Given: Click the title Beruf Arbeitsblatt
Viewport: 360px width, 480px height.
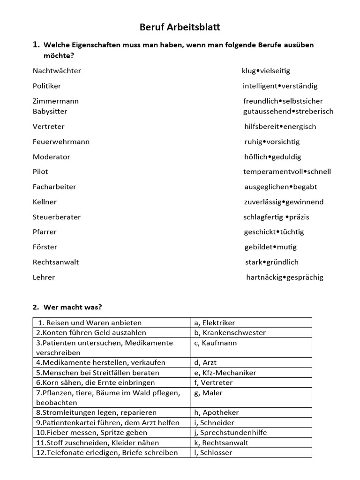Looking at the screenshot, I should [x=180, y=28].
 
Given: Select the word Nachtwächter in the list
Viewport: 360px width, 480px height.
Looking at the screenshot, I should [x=57, y=71].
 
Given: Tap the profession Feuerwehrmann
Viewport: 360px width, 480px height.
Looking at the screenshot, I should [x=61, y=142].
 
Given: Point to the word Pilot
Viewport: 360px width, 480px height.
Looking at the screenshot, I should [x=40, y=172].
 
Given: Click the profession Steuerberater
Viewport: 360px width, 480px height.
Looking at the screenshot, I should [x=57, y=217].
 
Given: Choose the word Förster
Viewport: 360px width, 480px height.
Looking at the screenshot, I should [x=45, y=247].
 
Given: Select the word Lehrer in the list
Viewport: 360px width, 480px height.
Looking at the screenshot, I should [x=44, y=277].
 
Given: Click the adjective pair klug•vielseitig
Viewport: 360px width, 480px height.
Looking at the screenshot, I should [x=266, y=71].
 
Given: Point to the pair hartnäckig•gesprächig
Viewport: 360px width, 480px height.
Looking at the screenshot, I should [x=285, y=277].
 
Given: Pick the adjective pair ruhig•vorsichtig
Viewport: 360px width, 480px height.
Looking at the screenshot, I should [x=272, y=142].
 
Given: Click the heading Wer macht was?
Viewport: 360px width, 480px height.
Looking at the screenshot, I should [x=73, y=307].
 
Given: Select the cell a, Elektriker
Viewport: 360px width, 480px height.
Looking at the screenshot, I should [x=214, y=322].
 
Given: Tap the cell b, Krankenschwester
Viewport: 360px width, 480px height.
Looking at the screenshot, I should [x=230, y=333].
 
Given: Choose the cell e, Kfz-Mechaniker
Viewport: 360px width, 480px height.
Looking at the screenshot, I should [x=225, y=373].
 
